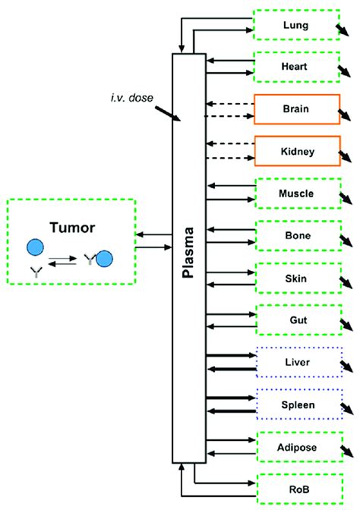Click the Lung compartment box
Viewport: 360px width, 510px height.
point(295,25)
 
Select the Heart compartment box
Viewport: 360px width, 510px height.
point(295,67)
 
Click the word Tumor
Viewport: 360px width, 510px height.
point(71,226)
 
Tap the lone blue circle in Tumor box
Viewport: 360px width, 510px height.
point(35,247)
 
